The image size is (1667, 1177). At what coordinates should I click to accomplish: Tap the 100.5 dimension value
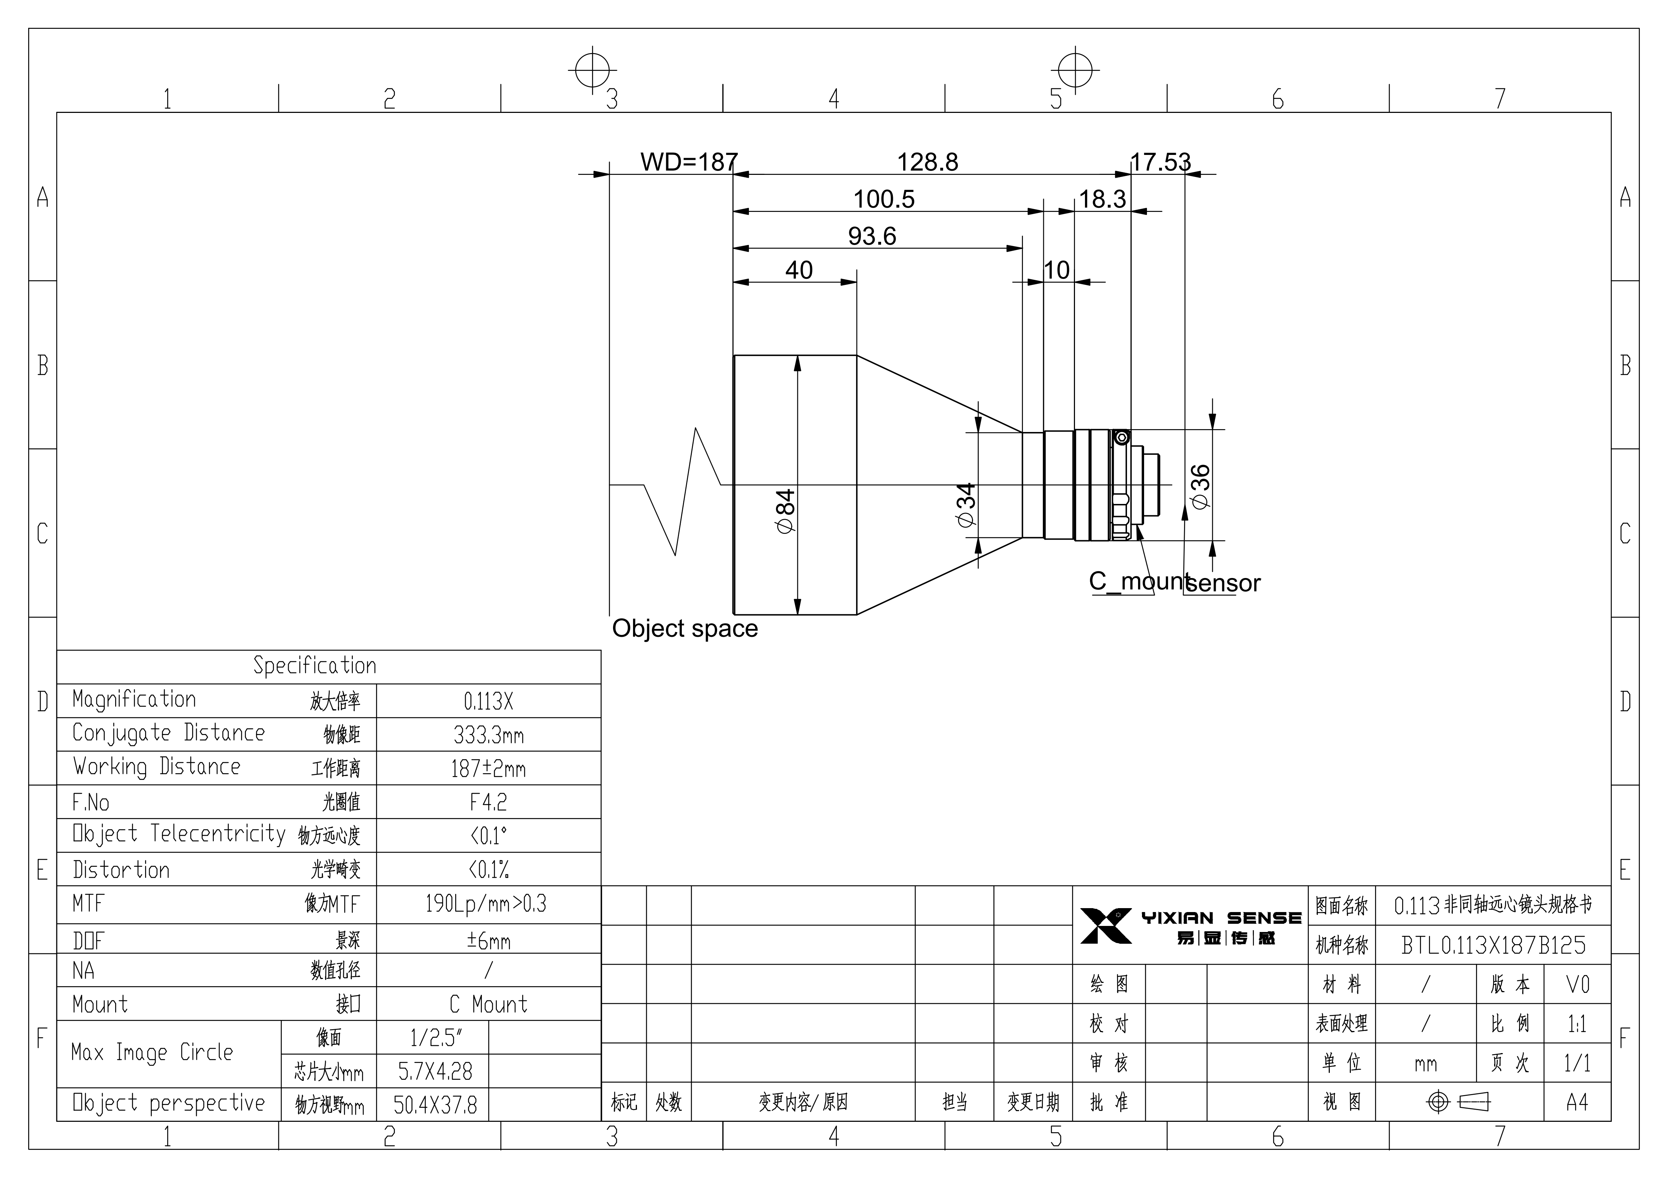coord(884,199)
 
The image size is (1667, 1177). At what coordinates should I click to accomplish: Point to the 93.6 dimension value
coord(872,236)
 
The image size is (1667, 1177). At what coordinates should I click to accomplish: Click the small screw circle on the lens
coord(1122,437)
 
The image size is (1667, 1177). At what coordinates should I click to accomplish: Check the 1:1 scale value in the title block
coord(1577,1024)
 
